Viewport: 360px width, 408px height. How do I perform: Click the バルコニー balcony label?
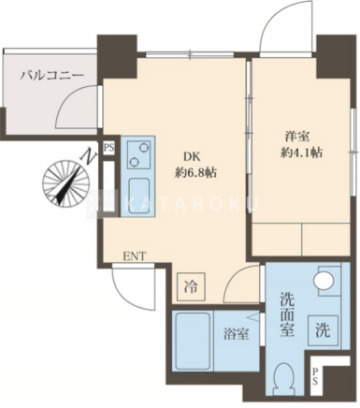(52, 76)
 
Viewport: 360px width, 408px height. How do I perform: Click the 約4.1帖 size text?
(301, 153)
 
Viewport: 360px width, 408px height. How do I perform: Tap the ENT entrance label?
(135, 256)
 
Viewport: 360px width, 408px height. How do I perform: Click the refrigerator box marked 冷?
(191, 286)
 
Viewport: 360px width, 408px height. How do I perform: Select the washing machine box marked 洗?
(323, 330)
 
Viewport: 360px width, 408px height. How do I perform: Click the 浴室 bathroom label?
(236, 334)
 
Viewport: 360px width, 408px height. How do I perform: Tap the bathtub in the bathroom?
(193, 342)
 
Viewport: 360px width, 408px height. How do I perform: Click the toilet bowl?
(283, 379)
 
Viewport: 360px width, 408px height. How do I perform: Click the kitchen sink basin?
(139, 194)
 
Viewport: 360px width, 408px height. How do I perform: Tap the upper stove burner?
(143, 147)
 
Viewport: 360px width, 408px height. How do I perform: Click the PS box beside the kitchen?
(108, 148)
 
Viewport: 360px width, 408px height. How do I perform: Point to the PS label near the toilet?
(315, 376)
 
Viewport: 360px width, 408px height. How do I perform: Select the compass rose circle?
(66, 182)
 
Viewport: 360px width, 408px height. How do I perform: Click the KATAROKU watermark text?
(191, 204)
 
